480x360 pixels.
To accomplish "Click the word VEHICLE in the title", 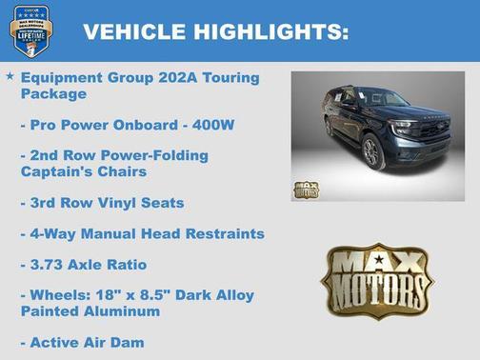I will point(134,31).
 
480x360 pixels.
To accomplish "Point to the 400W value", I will point(206,124).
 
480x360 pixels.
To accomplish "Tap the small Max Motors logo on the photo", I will point(306,190).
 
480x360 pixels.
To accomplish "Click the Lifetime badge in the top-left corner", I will point(28,30).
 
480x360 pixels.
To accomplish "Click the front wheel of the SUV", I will point(372,153).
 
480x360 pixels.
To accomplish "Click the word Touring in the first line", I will point(225,77).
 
